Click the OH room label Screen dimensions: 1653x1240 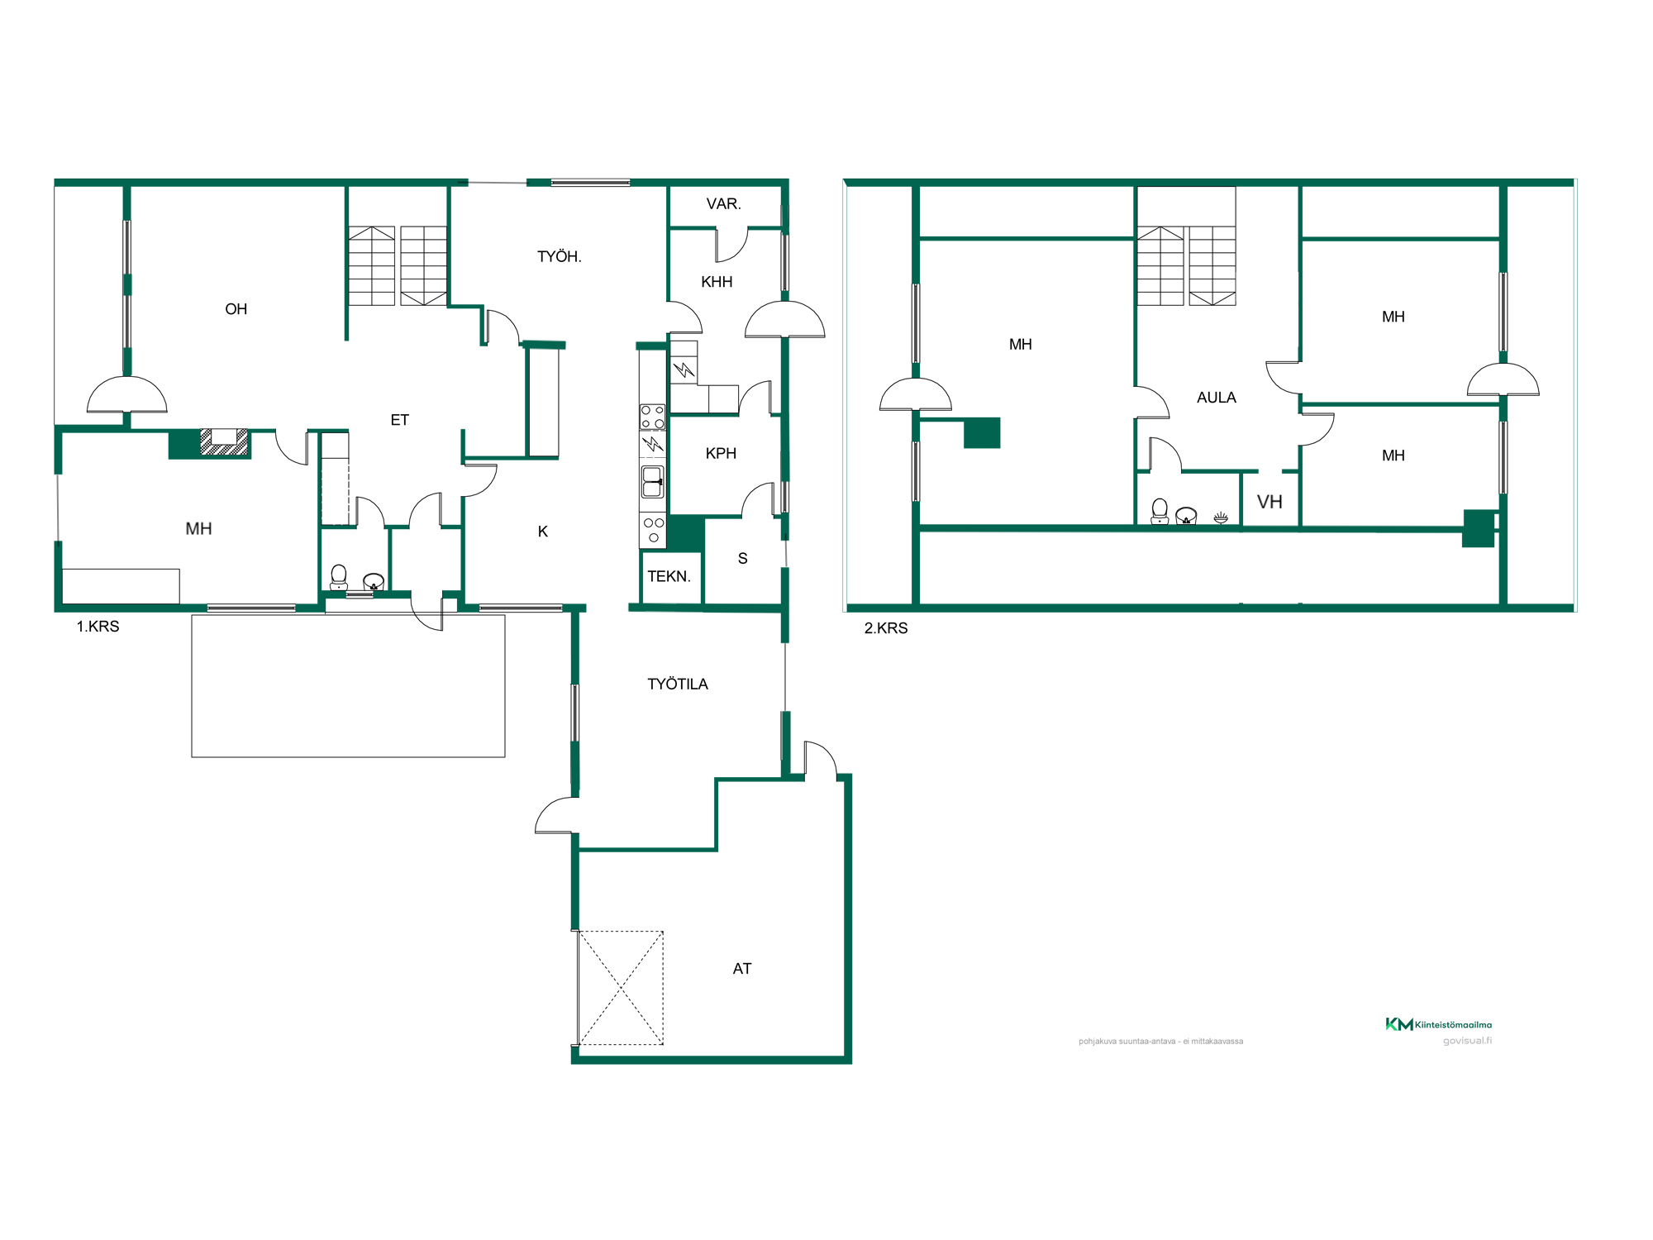(x=236, y=309)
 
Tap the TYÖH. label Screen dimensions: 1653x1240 (x=560, y=256)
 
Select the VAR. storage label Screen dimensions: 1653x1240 (x=724, y=203)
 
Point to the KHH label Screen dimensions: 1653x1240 (x=717, y=282)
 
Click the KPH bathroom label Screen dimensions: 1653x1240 (x=721, y=453)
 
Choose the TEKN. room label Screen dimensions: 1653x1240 (x=669, y=576)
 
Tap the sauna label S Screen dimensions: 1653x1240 (x=743, y=559)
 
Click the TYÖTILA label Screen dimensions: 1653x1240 (x=678, y=684)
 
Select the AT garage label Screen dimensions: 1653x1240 (x=742, y=968)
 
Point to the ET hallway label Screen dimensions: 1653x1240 (x=399, y=420)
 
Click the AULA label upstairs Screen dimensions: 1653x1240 (x=1217, y=398)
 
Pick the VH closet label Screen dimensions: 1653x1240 (x=1270, y=502)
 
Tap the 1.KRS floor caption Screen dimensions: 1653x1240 (x=98, y=627)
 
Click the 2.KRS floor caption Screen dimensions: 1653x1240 (x=886, y=628)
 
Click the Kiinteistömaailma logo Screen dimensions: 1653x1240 (x=1439, y=1024)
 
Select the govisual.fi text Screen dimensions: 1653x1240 (x=1468, y=1041)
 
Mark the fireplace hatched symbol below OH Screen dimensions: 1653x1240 (x=224, y=442)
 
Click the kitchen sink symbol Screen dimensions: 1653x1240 (x=652, y=482)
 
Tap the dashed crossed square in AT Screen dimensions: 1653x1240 (x=621, y=988)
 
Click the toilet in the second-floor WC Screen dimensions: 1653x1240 (x=1160, y=511)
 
